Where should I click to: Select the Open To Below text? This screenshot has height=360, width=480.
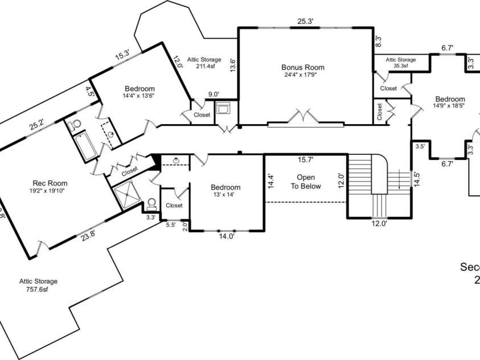tap(306, 182)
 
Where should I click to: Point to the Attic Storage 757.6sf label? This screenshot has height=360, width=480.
tap(39, 285)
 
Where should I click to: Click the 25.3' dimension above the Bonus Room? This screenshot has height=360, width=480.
tap(305, 22)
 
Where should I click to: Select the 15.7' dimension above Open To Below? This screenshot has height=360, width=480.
tap(306, 160)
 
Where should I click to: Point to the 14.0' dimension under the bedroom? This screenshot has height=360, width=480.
tap(227, 238)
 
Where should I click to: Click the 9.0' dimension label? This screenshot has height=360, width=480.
tap(214, 95)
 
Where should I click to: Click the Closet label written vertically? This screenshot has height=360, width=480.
tap(380, 111)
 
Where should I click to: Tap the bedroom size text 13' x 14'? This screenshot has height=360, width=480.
tap(225, 195)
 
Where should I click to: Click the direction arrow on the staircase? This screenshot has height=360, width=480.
tap(400, 178)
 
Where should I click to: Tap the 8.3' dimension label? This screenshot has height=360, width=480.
tap(378, 41)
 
